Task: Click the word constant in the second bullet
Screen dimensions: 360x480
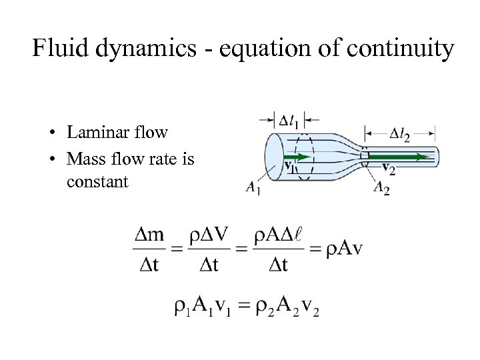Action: (x=97, y=181)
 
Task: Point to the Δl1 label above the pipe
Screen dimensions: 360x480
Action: (x=289, y=121)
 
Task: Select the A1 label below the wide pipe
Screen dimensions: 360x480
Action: (x=253, y=190)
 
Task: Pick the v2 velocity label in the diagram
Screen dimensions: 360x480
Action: (x=387, y=169)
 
